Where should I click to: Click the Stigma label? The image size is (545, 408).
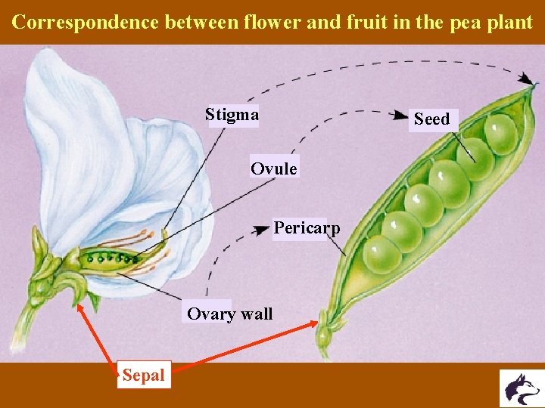232,115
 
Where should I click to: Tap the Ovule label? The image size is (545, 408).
274,168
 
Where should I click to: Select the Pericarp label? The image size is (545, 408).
307,227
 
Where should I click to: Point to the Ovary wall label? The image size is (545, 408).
229,314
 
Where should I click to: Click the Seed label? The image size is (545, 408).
431,119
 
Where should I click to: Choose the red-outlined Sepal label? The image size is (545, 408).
144,375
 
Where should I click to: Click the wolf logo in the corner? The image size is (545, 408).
522,388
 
